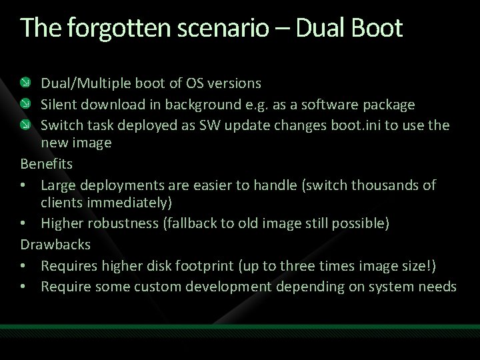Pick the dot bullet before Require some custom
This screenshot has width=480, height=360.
[25, 287]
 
